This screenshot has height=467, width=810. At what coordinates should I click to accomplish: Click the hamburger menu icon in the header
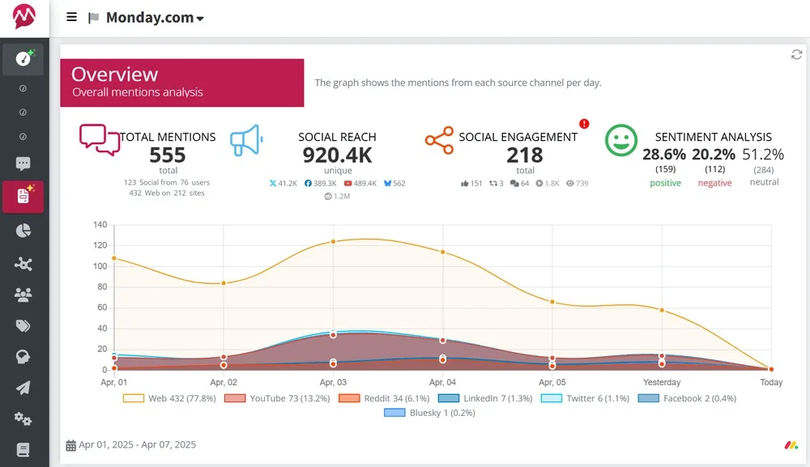[x=72, y=17]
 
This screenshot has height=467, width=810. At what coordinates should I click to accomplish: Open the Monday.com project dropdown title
[x=154, y=18]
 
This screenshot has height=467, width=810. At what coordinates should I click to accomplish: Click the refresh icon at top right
[x=796, y=54]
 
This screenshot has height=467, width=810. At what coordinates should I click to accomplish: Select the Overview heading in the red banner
[x=114, y=74]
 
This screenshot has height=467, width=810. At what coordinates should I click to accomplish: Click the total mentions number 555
[x=168, y=155]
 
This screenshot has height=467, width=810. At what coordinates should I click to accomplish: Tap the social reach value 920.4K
[x=337, y=155]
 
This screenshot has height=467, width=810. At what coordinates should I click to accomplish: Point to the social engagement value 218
[x=524, y=155]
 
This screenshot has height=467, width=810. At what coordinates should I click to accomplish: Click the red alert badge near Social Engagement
[x=584, y=124]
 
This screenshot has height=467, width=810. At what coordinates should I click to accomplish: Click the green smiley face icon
[x=621, y=141]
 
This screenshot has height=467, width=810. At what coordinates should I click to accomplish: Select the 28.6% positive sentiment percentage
[x=664, y=155]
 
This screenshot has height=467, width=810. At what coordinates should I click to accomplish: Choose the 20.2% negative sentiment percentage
[x=714, y=155]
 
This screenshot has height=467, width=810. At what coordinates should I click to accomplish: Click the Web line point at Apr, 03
[x=333, y=242]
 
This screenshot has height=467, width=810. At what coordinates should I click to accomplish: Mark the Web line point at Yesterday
[x=662, y=310]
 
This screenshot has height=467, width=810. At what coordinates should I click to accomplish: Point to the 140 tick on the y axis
[x=100, y=224]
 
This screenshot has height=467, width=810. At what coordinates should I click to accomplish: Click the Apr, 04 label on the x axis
[x=442, y=382]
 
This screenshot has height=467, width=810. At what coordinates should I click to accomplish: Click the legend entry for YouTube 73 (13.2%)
[x=279, y=398]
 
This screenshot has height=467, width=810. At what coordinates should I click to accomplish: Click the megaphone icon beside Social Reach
[x=246, y=141]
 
